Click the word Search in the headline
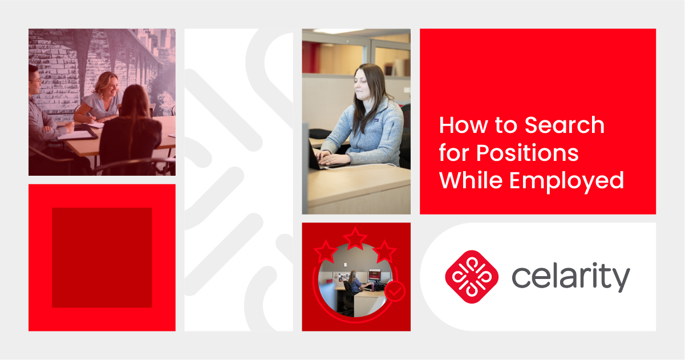point(565,125)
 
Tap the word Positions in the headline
point(527,153)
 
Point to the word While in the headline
point(471,180)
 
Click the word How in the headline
point(463,125)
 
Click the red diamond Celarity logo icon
point(472,277)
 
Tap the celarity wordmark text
point(570,277)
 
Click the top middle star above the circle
point(355,238)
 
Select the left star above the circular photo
point(326,252)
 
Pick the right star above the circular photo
point(384,252)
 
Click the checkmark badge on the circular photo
point(395,291)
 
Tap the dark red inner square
point(102,257)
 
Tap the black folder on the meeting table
point(79,133)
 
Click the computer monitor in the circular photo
point(374,274)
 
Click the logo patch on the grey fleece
point(375,120)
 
